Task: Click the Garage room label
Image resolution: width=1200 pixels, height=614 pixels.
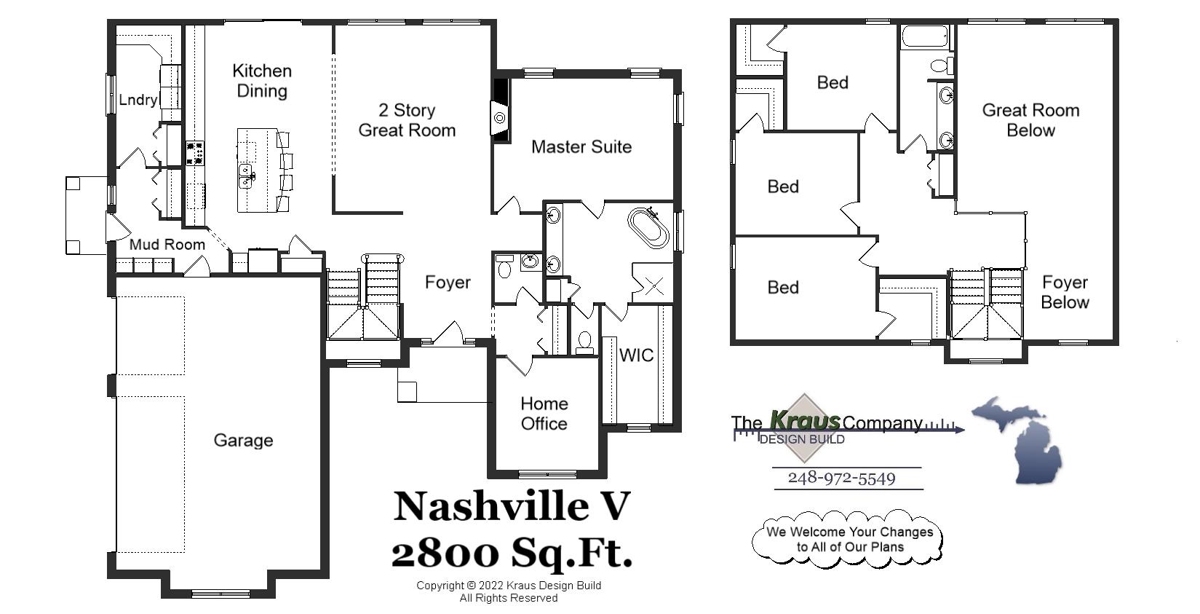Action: (x=243, y=440)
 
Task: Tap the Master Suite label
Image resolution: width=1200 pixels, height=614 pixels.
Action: (x=581, y=146)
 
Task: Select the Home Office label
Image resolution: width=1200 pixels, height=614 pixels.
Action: (x=544, y=413)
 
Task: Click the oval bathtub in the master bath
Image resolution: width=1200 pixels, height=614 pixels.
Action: (x=648, y=228)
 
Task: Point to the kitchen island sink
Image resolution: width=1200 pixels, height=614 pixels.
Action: (x=247, y=175)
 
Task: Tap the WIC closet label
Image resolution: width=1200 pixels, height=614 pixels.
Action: (x=636, y=355)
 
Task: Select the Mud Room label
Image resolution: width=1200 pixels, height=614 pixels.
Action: (x=167, y=244)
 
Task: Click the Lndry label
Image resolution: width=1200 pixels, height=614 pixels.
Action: (x=138, y=100)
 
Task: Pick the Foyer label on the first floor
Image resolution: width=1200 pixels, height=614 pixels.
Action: (x=448, y=282)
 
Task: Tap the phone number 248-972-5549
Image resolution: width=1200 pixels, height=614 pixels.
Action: (x=841, y=478)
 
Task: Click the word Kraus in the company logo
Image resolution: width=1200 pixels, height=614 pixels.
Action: (x=804, y=421)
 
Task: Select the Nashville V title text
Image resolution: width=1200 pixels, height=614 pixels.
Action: (x=512, y=505)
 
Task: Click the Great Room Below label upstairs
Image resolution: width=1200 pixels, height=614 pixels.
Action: (x=1030, y=120)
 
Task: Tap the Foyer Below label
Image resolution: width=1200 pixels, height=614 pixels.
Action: (x=1065, y=291)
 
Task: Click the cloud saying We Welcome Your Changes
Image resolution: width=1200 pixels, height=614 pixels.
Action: (x=849, y=539)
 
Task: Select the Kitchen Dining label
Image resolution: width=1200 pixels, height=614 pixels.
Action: (x=262, y=81)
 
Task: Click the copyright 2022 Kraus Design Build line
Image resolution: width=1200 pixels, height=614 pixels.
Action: (x=509, y=585)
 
